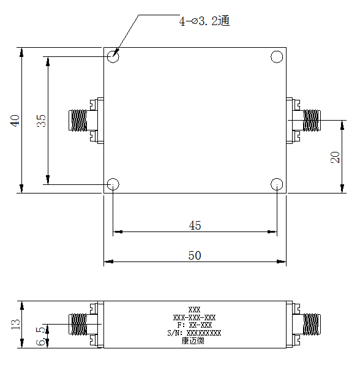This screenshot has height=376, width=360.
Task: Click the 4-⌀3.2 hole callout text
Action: point(204,21)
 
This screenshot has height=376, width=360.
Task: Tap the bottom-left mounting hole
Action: point(113,179)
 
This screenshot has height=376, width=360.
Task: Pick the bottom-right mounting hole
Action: point(277,179)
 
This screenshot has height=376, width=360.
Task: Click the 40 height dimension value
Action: point(15,121)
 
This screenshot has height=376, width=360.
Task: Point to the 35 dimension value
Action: point(41,121)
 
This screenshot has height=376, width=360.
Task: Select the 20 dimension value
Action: point(335,157)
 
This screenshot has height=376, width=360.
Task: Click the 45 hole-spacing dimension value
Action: point(195,225)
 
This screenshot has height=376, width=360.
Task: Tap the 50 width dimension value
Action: point(195,255)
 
